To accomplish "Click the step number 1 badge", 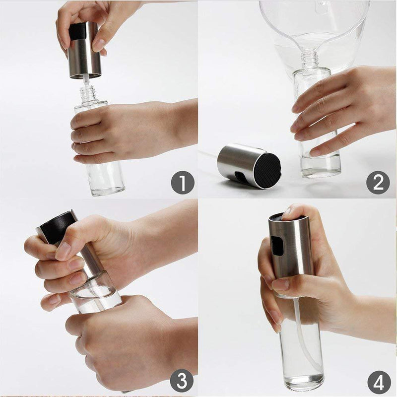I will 182,183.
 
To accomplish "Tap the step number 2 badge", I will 378,183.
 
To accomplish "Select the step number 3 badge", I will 182,382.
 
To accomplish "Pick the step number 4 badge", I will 378,383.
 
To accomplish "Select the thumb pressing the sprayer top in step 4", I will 293,211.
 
